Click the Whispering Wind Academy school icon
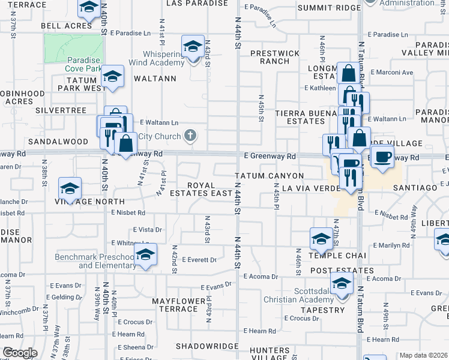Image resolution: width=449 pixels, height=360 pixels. click(193, 46)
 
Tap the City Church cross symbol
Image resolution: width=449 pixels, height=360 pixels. click(190, 135)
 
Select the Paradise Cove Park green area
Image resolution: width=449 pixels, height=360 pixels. click(73, 49)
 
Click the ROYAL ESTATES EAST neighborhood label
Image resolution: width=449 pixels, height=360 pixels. click(209, 189)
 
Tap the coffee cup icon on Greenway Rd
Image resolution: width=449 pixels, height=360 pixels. click(381, 157)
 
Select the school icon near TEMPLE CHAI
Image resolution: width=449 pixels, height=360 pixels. click(321, 238)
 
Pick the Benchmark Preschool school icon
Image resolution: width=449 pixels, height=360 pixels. click(145, 254)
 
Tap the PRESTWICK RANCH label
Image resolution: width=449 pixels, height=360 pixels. click(274, 57)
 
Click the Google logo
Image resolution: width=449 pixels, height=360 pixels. click(20, 352)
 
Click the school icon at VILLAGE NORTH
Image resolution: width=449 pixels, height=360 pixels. click(70, 188)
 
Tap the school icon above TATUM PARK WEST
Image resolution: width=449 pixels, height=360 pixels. click(112, 76)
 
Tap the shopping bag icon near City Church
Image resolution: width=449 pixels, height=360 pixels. click(126, 144)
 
